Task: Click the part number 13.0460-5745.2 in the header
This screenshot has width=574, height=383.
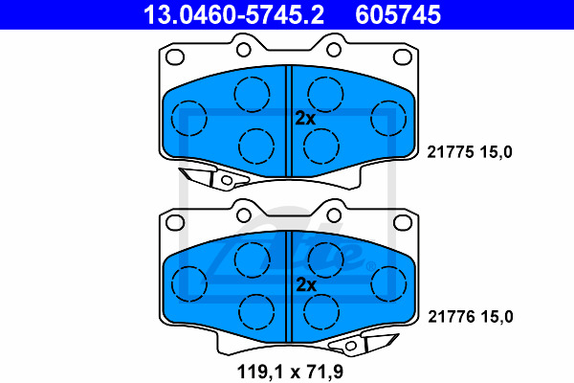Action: point(233,14)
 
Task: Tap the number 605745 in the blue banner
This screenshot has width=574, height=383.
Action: point(398,14)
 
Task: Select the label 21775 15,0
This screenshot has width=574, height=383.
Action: point(470,151)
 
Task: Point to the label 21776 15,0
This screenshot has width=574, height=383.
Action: point(471,317)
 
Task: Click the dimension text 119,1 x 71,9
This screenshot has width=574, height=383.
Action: point(290,372)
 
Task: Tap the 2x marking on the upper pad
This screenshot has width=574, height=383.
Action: point(305,119)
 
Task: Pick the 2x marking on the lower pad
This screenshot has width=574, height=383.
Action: point(306,284)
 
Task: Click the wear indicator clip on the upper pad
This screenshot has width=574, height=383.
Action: point(213,178)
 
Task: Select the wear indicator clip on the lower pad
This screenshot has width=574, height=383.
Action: point(364,344)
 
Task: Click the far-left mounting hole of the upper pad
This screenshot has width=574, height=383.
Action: point(175,56)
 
